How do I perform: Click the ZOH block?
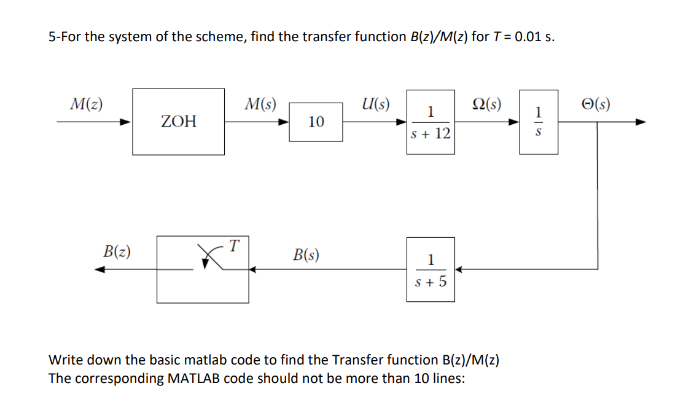179,122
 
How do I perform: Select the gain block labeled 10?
316,122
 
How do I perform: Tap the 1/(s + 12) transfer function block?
430,122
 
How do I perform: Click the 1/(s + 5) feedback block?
431,269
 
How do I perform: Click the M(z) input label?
85,102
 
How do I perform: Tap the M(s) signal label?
260,102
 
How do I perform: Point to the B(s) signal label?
305,254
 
